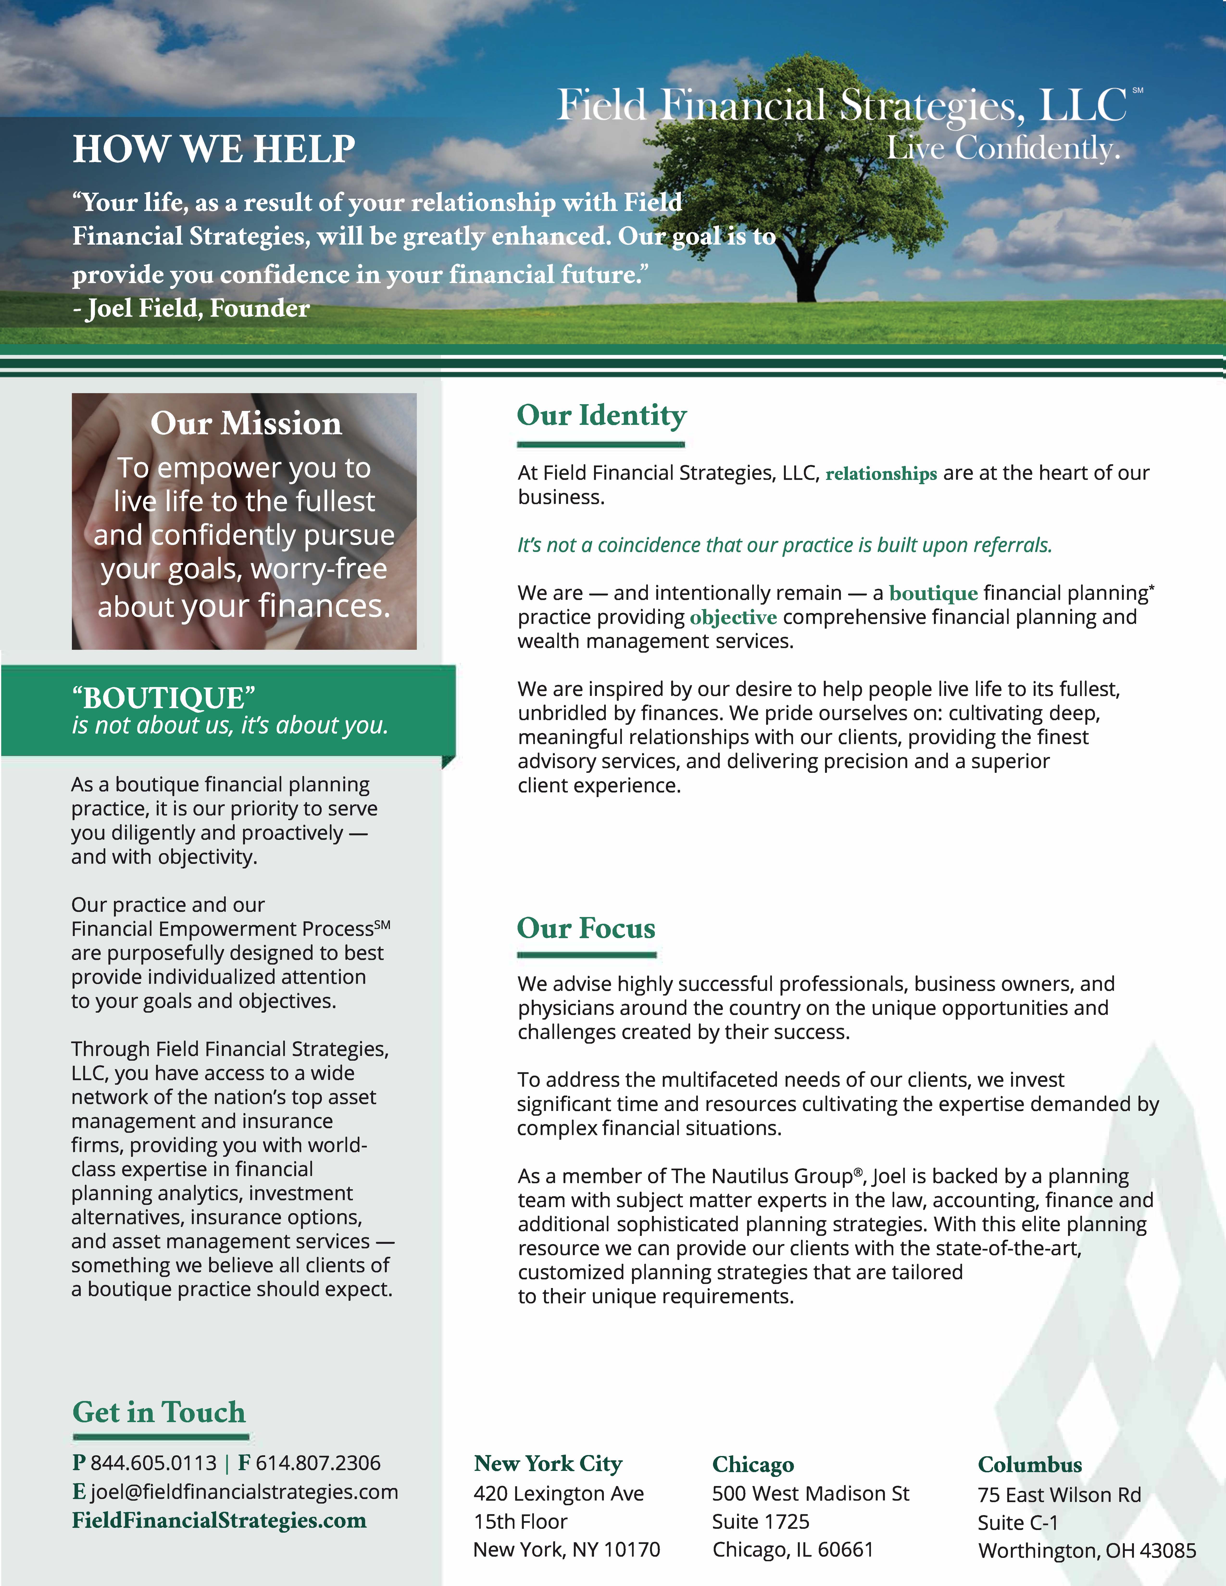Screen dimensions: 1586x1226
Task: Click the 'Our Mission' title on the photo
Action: tap(245, 423)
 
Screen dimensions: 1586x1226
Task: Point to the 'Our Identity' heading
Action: tap(601, 415)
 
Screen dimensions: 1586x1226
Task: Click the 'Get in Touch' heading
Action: tap(159, 1413)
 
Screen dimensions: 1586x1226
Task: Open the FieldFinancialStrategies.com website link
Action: tap(219, 1521)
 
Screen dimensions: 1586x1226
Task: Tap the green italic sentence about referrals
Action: tap(784, 545)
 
